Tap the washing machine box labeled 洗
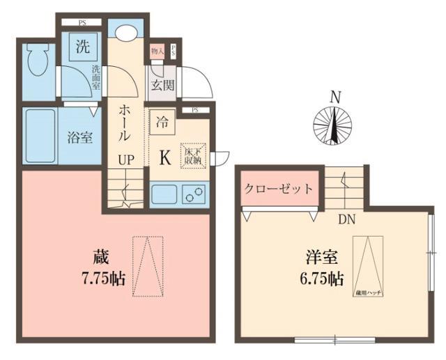(84, 48)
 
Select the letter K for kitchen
(165, 157)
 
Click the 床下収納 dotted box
(192, 155)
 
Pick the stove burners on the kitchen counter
(194, 194)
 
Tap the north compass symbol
(335, 125)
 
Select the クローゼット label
(278, 189)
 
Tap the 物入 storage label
(157, 51)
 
